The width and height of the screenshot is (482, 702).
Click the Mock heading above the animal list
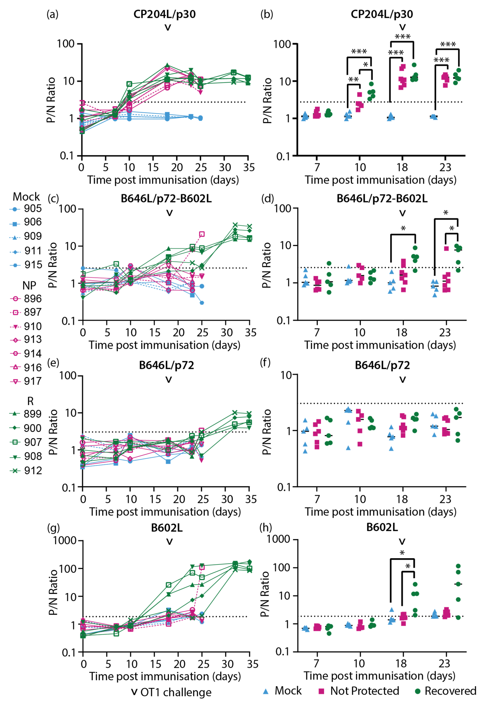26,197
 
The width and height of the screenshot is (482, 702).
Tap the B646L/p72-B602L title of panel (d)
382,199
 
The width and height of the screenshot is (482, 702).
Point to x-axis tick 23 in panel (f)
445,499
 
